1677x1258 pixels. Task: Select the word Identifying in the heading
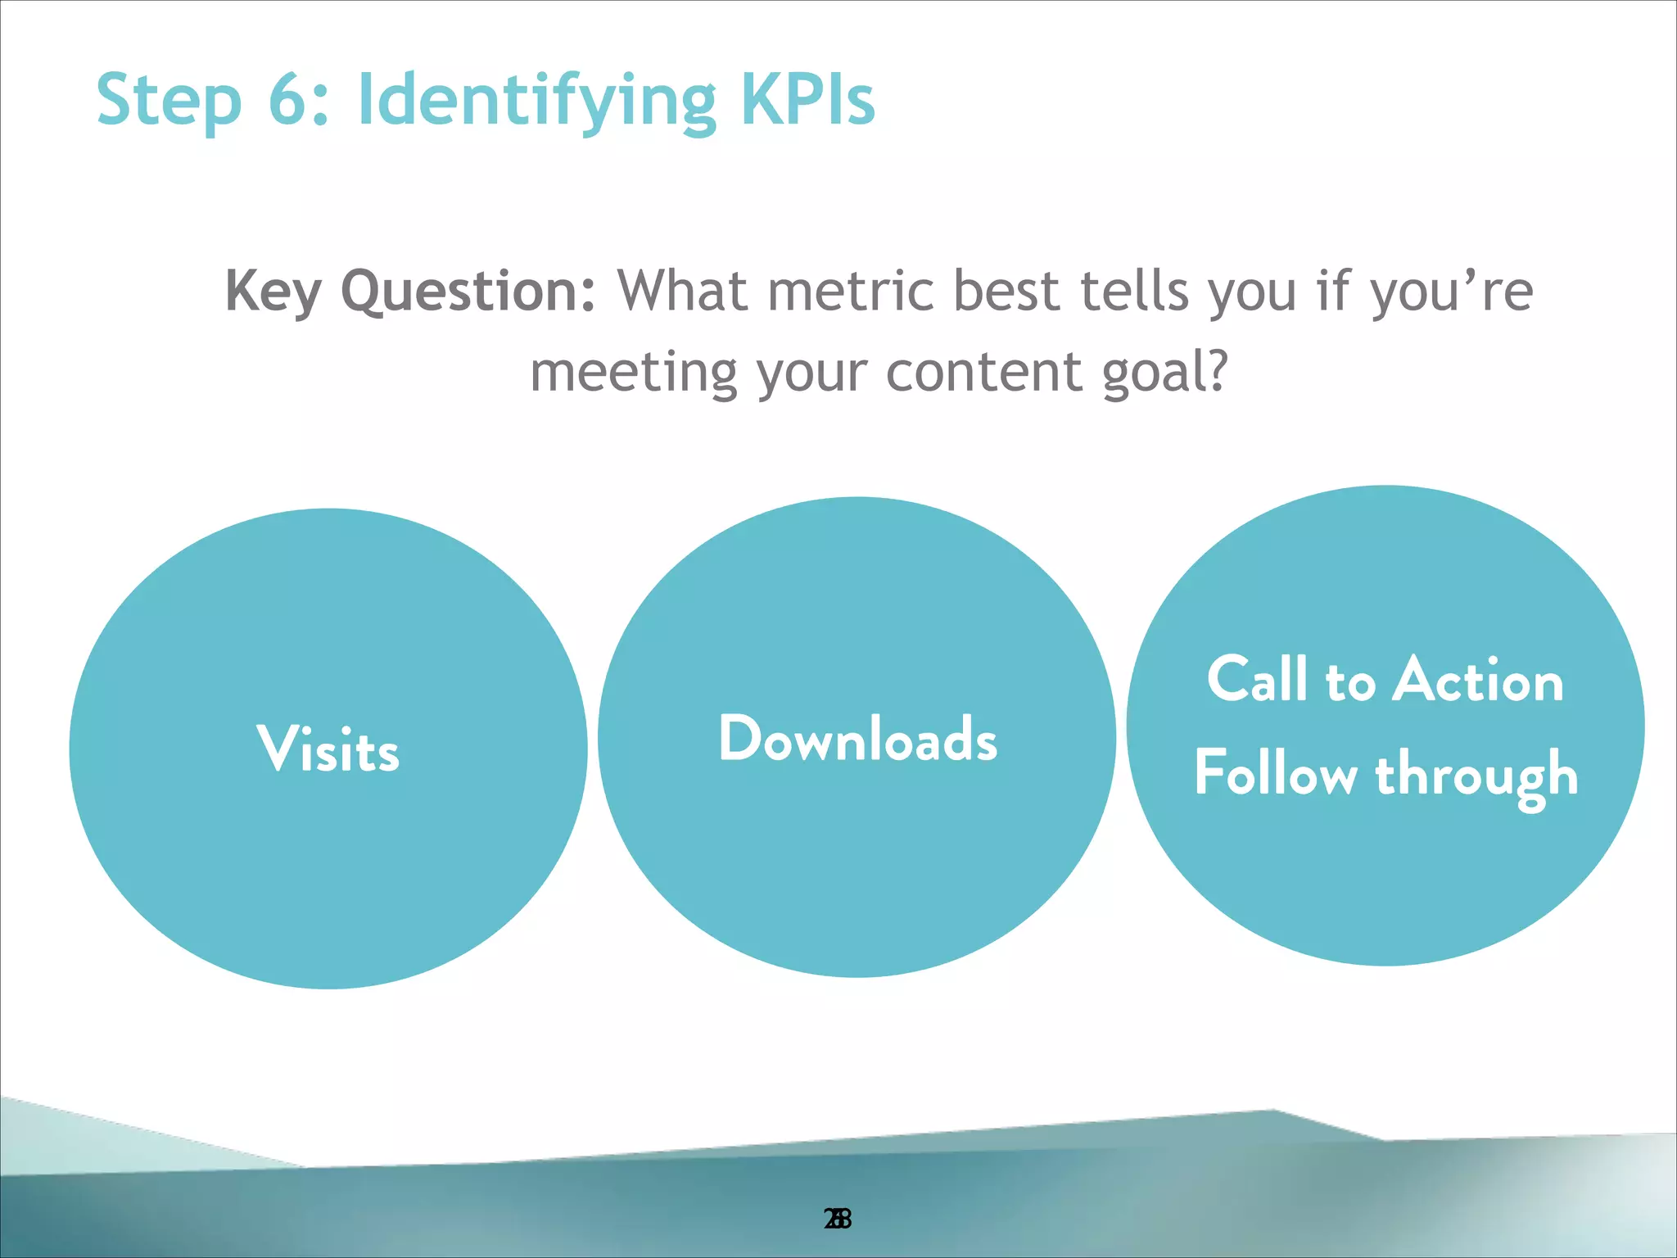[x=536, y=100]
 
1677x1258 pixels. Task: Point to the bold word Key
[x=272, y=292]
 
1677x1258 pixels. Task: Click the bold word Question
[x=468, y=292]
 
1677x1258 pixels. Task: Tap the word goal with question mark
[x=1164, y=372]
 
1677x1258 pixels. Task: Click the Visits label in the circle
[x=328, y=749]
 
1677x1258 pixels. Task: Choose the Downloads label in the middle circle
[x=857, y=738]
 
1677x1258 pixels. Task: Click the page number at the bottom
[x=838, y=1220]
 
